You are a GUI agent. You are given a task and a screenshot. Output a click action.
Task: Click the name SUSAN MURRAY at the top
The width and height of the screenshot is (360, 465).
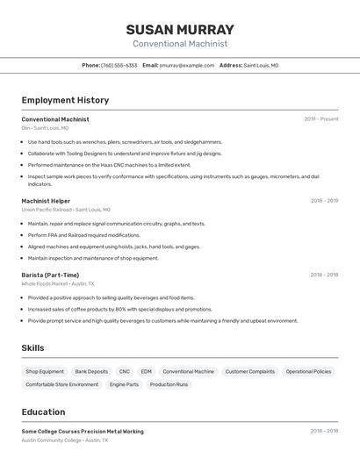pyautogui.click(x=180, y=30)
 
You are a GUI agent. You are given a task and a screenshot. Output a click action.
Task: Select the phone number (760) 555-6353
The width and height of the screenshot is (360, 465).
pyautogui.click(x=119, y=65)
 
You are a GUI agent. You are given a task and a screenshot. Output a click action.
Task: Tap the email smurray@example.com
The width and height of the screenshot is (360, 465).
pyautogui.click(x=187, y=65)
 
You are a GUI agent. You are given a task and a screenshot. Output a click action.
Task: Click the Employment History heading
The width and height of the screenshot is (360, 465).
pyautogui.click(x=65, y=100)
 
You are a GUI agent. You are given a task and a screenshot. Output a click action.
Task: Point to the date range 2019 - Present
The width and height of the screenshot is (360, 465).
pyautogui.click(x=321, y=119)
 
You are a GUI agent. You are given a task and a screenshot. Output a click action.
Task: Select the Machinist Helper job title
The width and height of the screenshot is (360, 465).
pyautogui.click(x=47, y=201)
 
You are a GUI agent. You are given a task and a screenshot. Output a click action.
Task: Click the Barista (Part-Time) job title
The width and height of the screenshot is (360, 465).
pyautogui.click(x=50, y=275)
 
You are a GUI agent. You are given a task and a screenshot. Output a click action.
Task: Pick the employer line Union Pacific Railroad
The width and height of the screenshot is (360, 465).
pyautogui.click(x=66, y=210)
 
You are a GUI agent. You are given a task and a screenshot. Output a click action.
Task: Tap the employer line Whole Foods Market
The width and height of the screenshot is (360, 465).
pyautogui.click(x=58, y=283)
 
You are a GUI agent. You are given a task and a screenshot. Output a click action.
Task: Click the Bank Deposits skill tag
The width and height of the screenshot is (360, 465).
pyautogui.click(x=91, y=371)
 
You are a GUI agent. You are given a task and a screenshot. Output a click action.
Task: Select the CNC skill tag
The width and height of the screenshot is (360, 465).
pyautogui.click(x=124, y=371)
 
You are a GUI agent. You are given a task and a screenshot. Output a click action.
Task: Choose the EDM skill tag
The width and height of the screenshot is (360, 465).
pyautogui.click(x=146, y=371)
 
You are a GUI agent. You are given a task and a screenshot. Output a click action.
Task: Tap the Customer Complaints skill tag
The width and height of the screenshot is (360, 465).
pyautogui.click(x=249, y=371)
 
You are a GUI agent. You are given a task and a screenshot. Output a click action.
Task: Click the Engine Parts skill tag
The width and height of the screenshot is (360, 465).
pyautogui.click(x=124, y=384)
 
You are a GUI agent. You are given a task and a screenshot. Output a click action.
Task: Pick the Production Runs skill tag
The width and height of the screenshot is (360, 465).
pyautogui.click(x=169, y=384)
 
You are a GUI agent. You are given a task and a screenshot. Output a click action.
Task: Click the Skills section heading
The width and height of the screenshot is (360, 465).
pyautogui.click(x=32, y=348)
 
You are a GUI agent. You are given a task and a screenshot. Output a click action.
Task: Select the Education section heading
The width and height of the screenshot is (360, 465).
pyautogui.click(x=43, y=411)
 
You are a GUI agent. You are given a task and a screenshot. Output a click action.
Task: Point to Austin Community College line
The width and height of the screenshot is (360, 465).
pyautogui.click(x=65, y=440)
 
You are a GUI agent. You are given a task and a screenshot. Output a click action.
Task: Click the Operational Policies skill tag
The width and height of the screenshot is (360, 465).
pyautogui.click(x=308, y=371)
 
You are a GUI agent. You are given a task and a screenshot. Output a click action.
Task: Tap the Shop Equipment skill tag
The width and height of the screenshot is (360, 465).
pyautogui.click(x=45, y=371)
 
